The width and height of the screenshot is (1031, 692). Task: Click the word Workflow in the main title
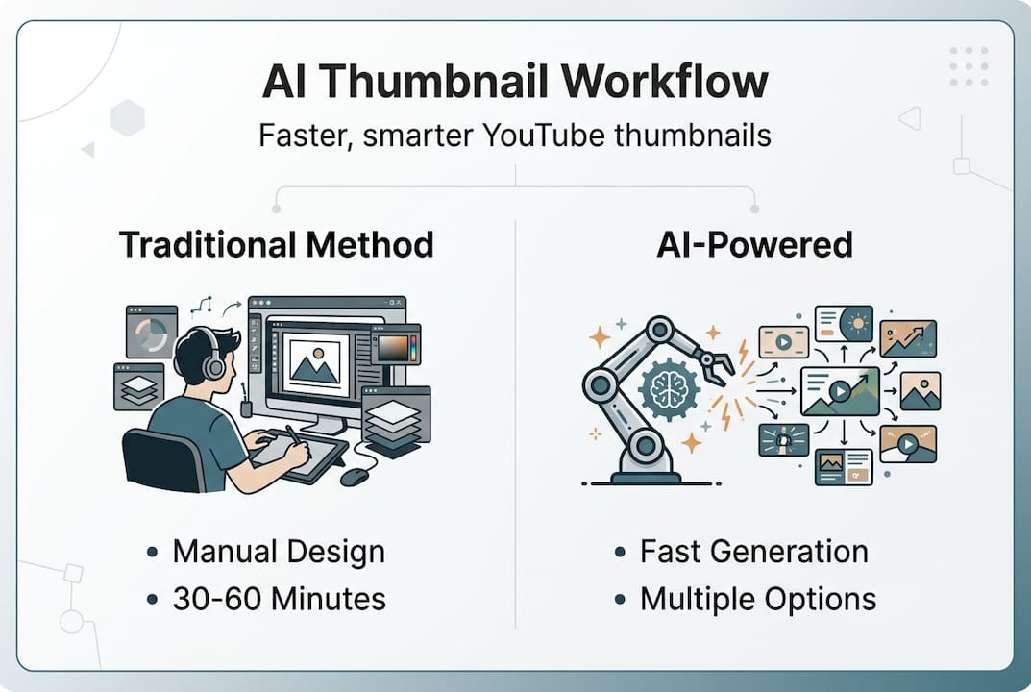tap(664, 82)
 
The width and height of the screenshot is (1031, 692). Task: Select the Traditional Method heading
tap(276, 245)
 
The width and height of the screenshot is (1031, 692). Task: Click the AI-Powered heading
tap(754, 245)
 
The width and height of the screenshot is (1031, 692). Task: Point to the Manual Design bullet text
tap(279, 552)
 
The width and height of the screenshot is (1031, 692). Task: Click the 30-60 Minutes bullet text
tap(279, 599)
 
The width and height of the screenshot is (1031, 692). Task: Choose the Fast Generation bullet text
tap(753, 552)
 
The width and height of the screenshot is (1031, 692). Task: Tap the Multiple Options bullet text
tap(757, 599)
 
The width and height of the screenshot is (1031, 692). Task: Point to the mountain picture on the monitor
tap(315, 363)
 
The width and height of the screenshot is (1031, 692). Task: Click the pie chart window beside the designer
tap(152, 332)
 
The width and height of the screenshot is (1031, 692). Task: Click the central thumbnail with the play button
tap(840, 391)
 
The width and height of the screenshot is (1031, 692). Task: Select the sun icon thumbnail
tap(844, 324)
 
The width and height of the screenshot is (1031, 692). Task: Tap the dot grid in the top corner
tap(969, 65)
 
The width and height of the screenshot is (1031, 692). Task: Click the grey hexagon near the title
tap(128, 118)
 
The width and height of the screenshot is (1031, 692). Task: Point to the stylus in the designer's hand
tap(293, 436)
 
